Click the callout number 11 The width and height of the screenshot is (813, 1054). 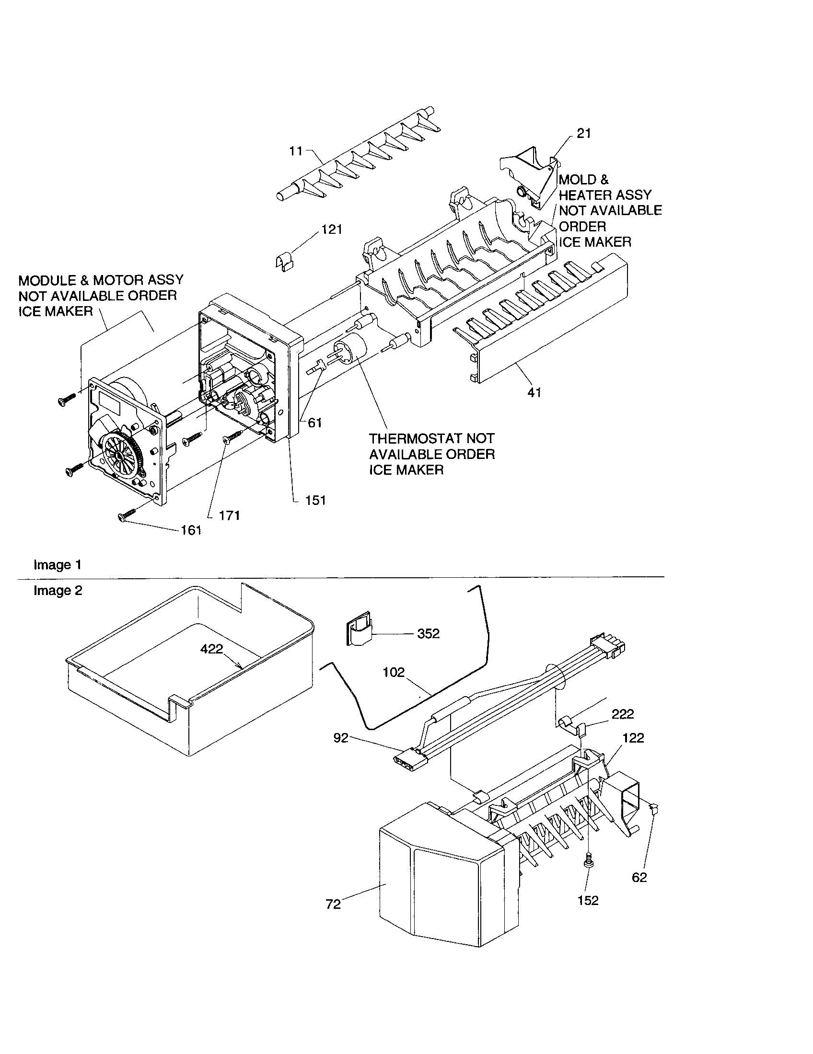(x=295, y=151)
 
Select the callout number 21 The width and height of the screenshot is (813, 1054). (x=584, y=134)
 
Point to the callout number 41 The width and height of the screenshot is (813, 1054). (x=534, y=393)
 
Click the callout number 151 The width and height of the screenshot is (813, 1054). (x=315, y=501)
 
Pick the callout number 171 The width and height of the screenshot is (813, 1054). (x=229, y=516)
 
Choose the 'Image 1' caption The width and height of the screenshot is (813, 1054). (x=58, y=565)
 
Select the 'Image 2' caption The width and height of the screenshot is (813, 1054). (x=58, y=591)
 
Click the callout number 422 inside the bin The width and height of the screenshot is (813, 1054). (x=211, y=649)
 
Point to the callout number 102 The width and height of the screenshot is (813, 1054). (x=394, y=672)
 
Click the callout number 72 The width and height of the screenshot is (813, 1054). (x=333, y=904)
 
